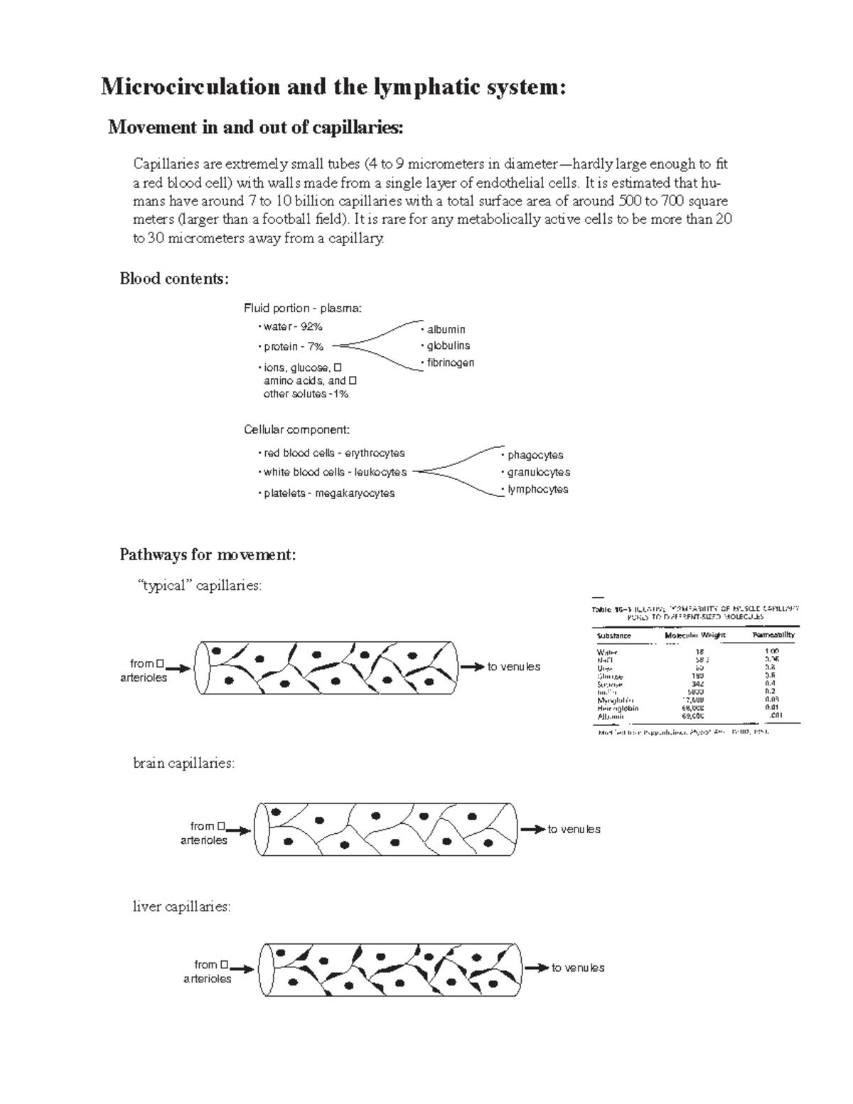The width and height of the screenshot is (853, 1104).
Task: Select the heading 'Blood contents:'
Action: pyautogui.click(x=174, y=279)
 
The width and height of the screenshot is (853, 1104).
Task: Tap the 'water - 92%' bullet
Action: pyautogui.click(x=292, y=327)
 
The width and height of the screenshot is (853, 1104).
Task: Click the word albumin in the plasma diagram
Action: pyautogui.click(x=446, y=329)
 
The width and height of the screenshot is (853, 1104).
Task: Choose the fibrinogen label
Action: pyautogui.click(x=450, y=363)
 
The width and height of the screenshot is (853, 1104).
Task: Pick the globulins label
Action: pyautogui.click(x=448, y=345)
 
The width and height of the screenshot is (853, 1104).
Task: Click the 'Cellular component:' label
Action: pyautogui.click(x=296, y=430)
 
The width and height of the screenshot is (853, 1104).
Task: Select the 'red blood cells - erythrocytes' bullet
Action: pyautogui.click(x=333, y=454)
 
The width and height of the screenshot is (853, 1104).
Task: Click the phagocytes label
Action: pyautogui.click(x=535, y=455)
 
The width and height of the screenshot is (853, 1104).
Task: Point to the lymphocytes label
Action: pyautogui.click(x=537, y=489)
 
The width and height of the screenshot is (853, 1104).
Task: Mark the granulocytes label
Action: pyautogui.click(x=538, y=472)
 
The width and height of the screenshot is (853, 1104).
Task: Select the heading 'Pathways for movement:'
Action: pyautogui.click(x=208, y=554)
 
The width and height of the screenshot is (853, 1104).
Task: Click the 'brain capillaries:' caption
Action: pyautogui.click(x=183, y=763)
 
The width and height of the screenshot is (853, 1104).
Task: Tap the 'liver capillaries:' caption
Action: pyautogui.click(x=182, y=907)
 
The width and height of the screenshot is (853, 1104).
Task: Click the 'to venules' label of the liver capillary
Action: pyautogui.click(x=578, y=968)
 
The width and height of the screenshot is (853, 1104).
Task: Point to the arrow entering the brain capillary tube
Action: pyautogui.click(x=240, y=830)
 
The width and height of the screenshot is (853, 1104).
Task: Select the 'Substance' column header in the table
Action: pyautogui.click(x=614, y=636)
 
